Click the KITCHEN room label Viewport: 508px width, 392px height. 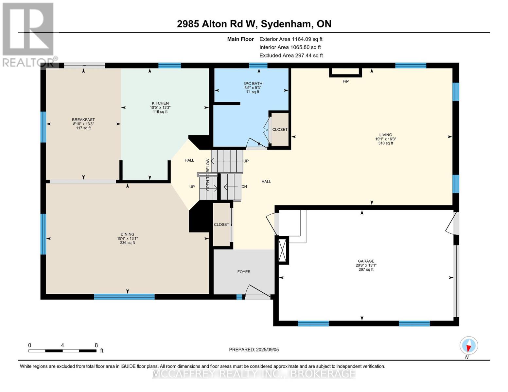pyautogui.click(x=160, y=103)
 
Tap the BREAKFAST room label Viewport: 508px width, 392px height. pyautogui.click(x=83, y=120)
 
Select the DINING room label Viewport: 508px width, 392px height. pyautogui.click(x=128, y=234)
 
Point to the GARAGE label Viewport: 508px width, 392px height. pyautogui.click(x=366, y=261)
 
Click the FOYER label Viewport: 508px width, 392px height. pyautogui.click(x=244, y=272)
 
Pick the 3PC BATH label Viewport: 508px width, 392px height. pyautogui.click(x=253, y=83)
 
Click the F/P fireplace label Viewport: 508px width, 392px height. pyautogui.click(x=345, y=81)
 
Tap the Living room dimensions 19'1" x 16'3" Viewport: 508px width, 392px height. pyautogui.click(x=386, y=139)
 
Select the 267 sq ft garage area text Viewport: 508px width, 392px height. pyautogui.click(x=366, y=269)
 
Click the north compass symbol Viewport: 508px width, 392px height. pyautogui.click(x=469, y=346)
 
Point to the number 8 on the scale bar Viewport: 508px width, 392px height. pyautogui.click(x=96, y=345)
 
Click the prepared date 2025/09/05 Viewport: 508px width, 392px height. pyautogui.click(x=267, y=350)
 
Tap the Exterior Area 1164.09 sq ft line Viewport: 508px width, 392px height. pyautogui.click(x=291, y=39)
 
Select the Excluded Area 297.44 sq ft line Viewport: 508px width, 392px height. pyautogui.click(x=291, y=56)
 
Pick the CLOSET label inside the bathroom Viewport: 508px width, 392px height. pyautogui.click(x=280, y=130)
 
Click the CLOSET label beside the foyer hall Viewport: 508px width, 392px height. pyautogui.click(x=221, y=225)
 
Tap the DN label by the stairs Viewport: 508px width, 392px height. pyautogui.click(x=244, y=187)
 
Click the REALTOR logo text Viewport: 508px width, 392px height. pyautogui.click(x=28, y=62)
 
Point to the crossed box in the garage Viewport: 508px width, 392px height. pyautogui.click(x=282, y=250)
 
